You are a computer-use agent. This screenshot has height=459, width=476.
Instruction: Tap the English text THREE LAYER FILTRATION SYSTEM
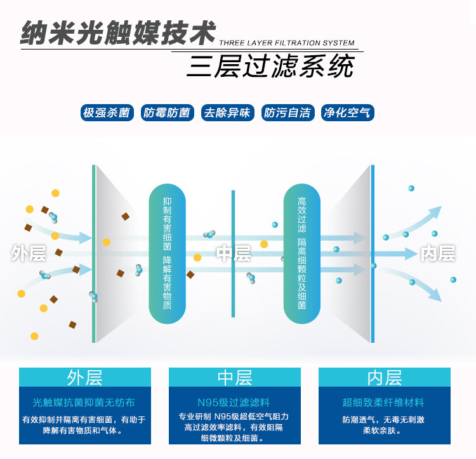point(287,43)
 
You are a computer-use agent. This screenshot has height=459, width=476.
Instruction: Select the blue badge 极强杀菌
point(107,113)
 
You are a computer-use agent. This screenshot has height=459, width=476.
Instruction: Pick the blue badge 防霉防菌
point(166,113)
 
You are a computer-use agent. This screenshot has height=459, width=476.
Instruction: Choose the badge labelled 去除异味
point(227,113)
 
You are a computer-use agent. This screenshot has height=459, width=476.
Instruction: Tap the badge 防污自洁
point(287,113)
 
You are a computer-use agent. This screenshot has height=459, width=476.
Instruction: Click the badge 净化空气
point(347,113)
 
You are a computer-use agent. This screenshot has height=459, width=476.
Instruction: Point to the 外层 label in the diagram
point(29,254)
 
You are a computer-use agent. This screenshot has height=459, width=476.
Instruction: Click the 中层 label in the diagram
point(234,254)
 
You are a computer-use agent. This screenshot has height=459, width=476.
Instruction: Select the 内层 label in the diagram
point(438,254)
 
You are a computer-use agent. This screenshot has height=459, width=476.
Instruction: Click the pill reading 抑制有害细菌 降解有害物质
point(167,254)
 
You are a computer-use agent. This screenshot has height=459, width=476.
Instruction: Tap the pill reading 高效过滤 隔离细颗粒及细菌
point(301,254)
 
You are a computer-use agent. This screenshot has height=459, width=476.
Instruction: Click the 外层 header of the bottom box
point(84,378)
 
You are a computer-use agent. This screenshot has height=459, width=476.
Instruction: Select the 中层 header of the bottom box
point(234,378)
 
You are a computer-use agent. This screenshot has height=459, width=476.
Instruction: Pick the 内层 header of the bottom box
point(384,378)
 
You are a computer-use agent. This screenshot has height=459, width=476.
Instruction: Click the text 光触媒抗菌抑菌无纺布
point(84,402)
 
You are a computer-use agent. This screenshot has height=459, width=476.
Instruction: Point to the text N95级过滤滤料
point(234,402)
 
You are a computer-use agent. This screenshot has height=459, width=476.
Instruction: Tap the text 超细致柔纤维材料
point(383,402)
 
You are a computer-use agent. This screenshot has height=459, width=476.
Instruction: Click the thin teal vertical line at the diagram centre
point(233,210)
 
